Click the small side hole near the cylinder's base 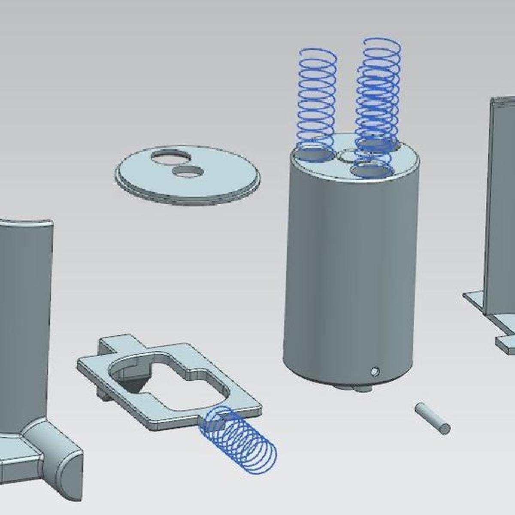tap(376, 370)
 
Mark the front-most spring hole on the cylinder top tap(372, 171)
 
